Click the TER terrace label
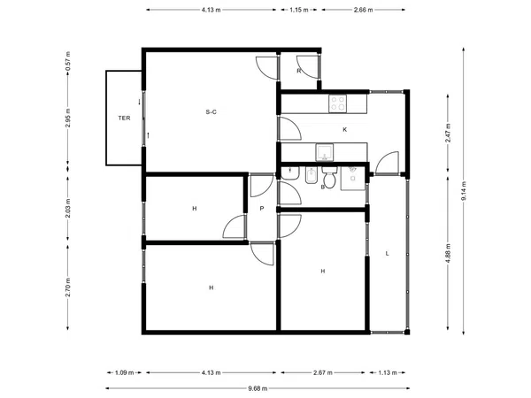click(x=124, y=119)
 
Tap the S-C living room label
click(x=211, y=112)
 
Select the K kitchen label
click(x=345, y=130)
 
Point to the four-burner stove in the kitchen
click(x=338, y=103)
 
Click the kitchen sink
click(x=325, y=152)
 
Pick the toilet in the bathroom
click(x=329, y=177)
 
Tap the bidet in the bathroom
click(x=312, y=175)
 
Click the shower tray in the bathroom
click(x=353, y=178)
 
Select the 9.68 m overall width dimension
click(x=258, y=388)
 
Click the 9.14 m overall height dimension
click(x=464, y=191)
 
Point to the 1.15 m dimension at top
click(x=299, y=10)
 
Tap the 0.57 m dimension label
click(x=68, y=61)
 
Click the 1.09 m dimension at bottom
click(x=124, y=372)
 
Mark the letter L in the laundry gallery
click(x=388, y=254)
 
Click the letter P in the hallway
click(x=262, y=209)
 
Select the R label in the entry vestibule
click(x=299, y=71)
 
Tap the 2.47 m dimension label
click(x=448, y=134)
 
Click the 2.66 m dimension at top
click(x=364, y=10)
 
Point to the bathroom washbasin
click(x=290, y=173)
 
